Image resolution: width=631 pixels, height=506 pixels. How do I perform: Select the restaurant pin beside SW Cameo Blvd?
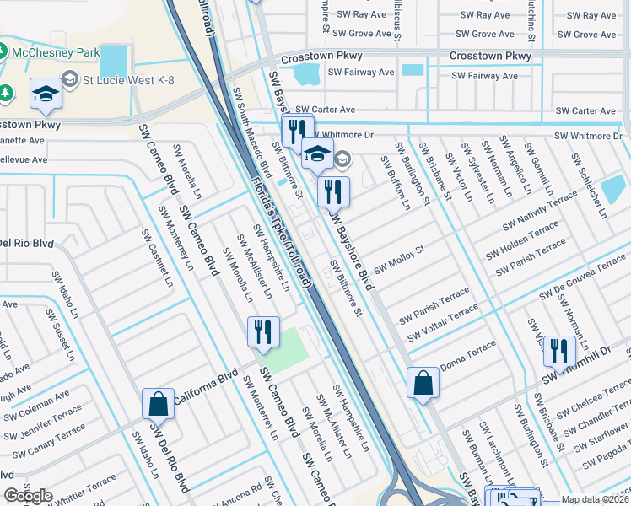click(262, 331)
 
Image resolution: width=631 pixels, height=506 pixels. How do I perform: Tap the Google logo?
click(29, 496)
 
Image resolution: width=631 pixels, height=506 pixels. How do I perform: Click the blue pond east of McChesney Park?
click(113, 61)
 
